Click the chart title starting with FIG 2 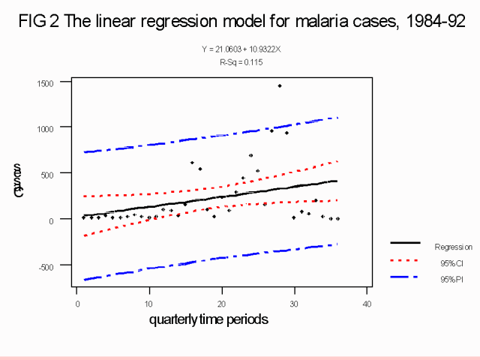coord(240,22)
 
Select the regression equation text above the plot coord(241,49)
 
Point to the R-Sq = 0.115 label coord(241,61)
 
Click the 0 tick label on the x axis coord(77,303)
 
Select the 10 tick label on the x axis coord(149,303)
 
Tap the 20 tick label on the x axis coord(222,303)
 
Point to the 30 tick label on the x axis coord(294,303)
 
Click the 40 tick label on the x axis coord(367,303)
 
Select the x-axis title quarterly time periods coord(208,319)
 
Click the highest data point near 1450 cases coord(280,86)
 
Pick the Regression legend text coord(453,246)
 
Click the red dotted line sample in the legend coord(405,261)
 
